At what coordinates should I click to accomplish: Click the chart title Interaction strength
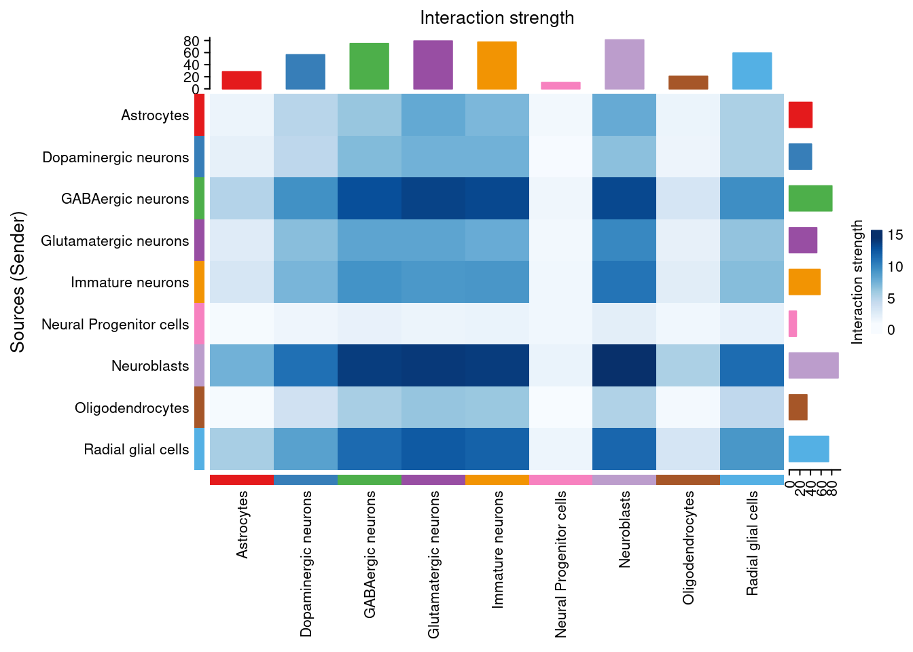tap(497, 18)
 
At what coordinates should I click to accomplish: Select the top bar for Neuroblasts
tap(624, 65)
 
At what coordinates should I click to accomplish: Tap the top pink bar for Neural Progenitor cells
tap(560, 86)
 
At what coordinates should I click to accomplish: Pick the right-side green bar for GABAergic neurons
tap(810, 198)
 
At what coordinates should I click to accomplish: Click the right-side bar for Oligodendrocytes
tap(798, 407)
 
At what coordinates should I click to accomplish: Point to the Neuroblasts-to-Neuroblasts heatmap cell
tap(624, 365)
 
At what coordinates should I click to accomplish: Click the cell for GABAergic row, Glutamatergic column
tap(433, 198)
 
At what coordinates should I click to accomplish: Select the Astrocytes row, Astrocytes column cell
tap(242, 115)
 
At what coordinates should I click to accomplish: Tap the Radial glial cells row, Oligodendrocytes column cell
tap(688, 449)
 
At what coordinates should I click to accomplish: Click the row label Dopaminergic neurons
tap(115, 158)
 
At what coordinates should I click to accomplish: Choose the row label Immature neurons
tap(130, 283)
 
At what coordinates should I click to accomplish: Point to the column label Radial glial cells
tap(752, 543)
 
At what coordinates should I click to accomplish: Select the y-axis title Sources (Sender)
tap(18, 282)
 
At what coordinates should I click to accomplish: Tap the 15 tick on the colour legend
tap(895, 235)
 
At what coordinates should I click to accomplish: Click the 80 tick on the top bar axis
tap(191, 41)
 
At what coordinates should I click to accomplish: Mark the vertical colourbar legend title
tap(857, 282)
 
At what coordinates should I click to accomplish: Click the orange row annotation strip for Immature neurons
tap(199, 282)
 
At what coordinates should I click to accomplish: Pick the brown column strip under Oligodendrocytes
tap(688, 479)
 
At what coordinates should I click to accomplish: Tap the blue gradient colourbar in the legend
tap(877, 282)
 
